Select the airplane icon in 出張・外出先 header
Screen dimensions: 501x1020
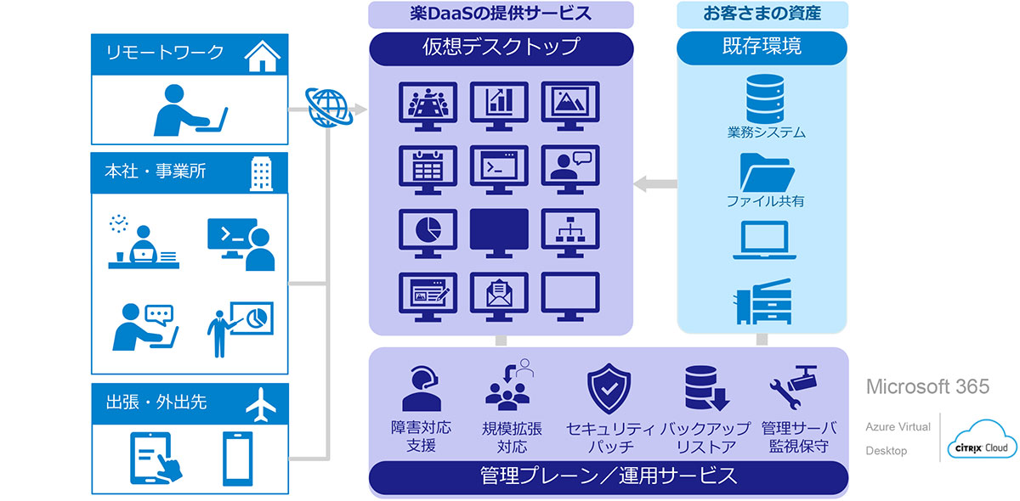coord(262,403)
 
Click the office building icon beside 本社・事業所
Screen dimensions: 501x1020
coord(262,172)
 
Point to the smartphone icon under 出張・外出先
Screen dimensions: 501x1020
coord(238,459)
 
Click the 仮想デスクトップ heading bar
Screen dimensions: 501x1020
coord(501,48)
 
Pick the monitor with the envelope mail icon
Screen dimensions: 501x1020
coord(499,294)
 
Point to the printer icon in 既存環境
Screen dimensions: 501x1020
coord(762,301)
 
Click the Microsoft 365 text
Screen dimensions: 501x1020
coord(927,387)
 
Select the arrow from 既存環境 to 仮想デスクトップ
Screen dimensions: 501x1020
coord(655,183)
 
